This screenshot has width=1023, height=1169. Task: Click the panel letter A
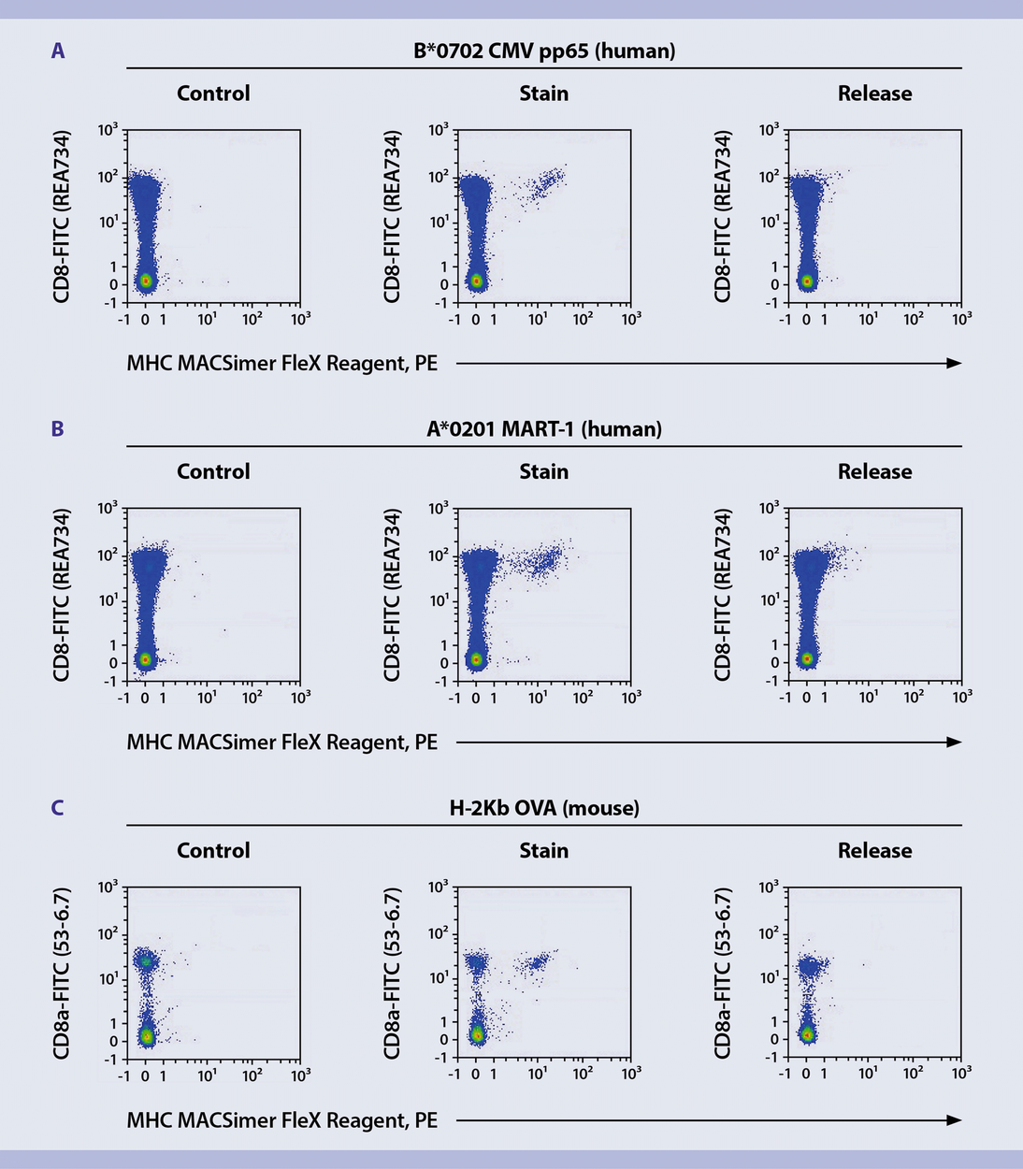[x=58, y=51]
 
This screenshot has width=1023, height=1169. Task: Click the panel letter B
[x=58, y=429]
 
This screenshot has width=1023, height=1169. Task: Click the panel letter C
[x=58, y=808]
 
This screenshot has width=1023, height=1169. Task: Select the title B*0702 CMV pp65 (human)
[x=544, y=51]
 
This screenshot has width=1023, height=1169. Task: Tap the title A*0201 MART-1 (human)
[x=544, y=429]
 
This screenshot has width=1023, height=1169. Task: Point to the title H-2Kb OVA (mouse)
[x=544, y=808]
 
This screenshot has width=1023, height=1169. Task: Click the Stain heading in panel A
[x=544, y=94]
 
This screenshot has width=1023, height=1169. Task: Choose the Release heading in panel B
[x=874, y=472]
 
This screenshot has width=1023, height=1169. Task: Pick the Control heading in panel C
[x=213, y=851]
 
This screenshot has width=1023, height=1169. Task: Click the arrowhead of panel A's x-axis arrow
[x=954, y=363]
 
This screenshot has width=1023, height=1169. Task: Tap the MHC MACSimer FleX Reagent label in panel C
[x=281, y=1120]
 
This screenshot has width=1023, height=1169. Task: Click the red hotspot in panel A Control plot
[x=146, y=281]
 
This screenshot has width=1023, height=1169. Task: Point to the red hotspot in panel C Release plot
[x=807, y=1034]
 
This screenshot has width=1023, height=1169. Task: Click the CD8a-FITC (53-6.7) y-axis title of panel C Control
[x=62, y=973]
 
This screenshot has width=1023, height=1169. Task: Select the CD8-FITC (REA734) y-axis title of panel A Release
[x=722, y=216]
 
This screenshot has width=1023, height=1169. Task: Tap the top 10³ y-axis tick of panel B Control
[x=108, y=508]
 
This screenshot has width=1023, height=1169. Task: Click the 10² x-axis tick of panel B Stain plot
[x=583, y=698]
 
